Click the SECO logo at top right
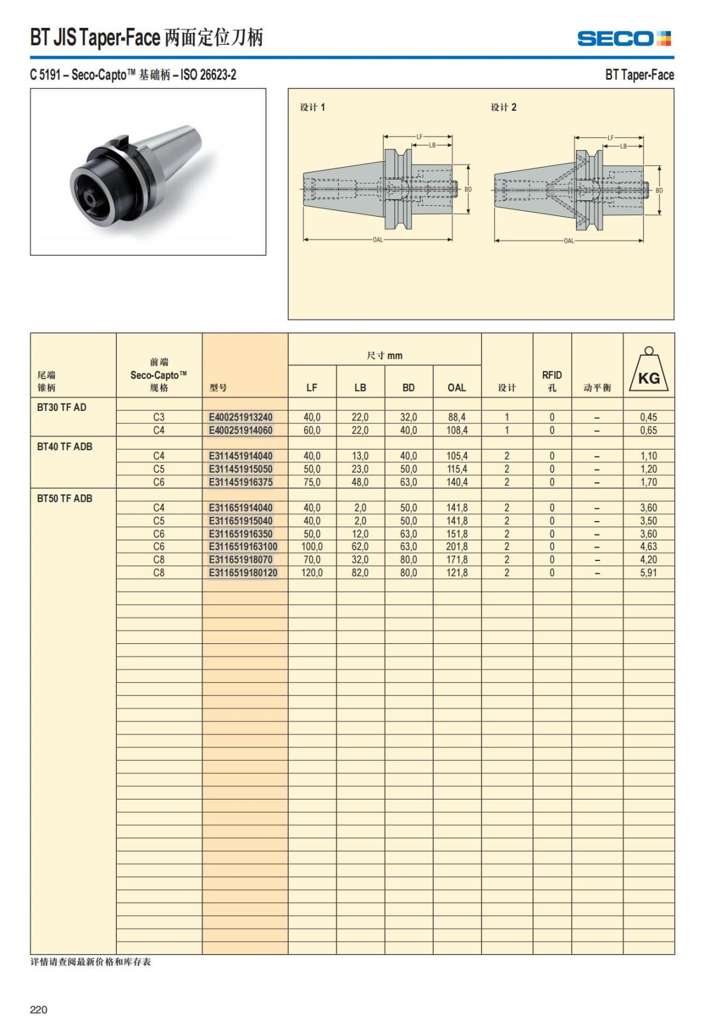tap(624, 39)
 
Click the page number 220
tap(39, 1009)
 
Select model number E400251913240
tap(240, 417)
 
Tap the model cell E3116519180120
tap(243, 573)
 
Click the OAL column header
tap(457, 387)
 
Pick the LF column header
tap(312, 387)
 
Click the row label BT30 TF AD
tap(62, 407)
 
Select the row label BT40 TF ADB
tap(65, 447)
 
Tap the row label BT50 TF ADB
tap(65, 499)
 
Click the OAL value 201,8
tap(457, 546)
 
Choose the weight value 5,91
tap(648, 573)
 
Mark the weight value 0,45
tap(648, 417)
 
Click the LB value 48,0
tap(360, 482)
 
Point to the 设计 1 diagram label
tap(312, 107)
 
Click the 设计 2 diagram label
tap(503, 107)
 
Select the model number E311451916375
tap(240, 482)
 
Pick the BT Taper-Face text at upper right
tap(639, 75)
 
